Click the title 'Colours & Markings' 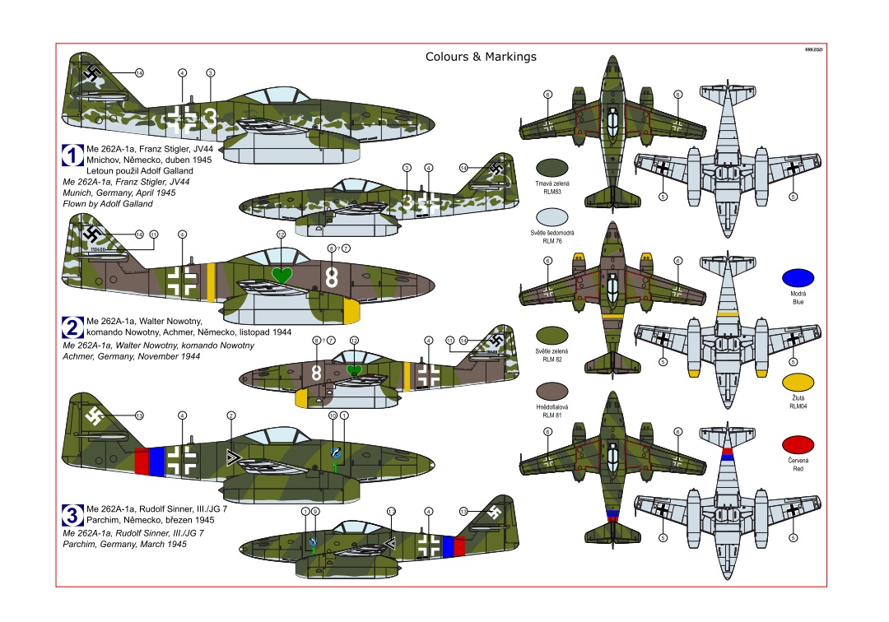click(481, 57)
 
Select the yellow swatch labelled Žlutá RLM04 click(798, 382)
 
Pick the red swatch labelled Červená click(798, 444)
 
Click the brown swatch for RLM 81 click(552, 391)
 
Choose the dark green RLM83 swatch click(552, 167)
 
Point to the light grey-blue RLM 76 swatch click(552, 216)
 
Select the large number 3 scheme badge click(72, 516)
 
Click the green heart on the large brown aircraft click(282, 274)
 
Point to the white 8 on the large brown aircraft click(332, 277)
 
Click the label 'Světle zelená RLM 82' click(552, 356)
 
